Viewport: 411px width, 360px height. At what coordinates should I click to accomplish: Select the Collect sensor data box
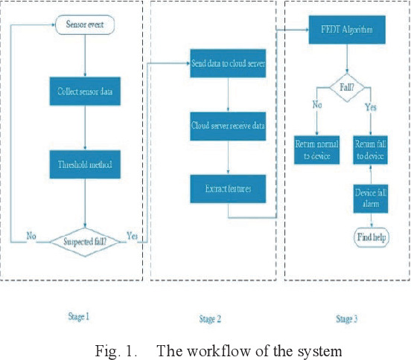click(85, 92)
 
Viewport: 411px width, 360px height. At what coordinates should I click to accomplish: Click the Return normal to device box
click(316, 149)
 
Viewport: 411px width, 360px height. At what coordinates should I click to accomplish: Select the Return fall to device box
click(371, 149)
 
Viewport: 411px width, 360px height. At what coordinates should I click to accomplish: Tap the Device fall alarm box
click(371, 199)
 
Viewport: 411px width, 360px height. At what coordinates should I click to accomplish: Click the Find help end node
click(371, 237)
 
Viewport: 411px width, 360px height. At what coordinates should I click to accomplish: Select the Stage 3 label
click(345, 319)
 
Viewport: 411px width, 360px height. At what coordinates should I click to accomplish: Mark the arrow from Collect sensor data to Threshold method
click(85, 128)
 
